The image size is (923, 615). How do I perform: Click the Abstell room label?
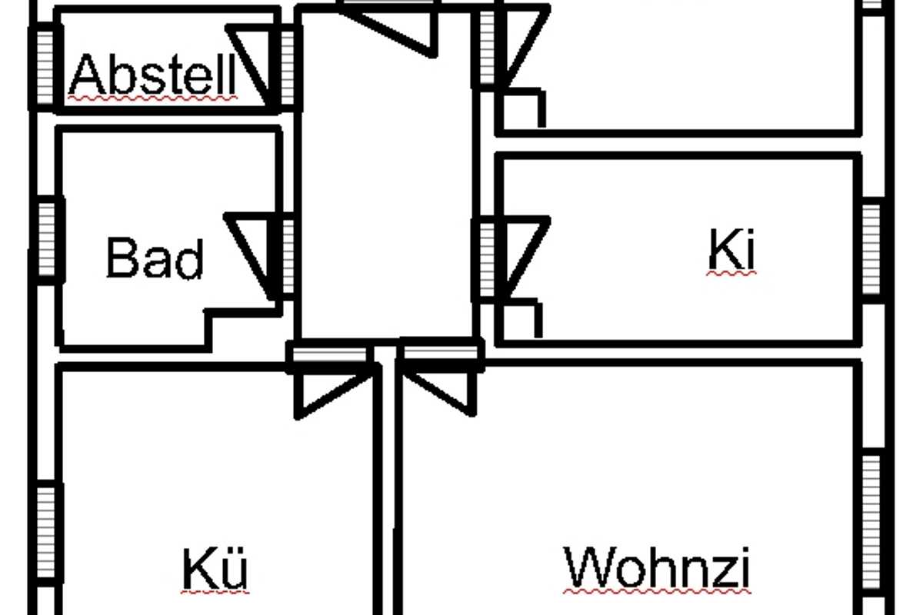tap(153, 75)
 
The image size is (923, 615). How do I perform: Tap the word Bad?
tap(155, 259)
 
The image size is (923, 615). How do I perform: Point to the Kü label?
tap(215, 569)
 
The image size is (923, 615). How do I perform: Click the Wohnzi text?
tap(657, 568)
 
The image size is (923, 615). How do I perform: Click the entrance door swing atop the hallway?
tap(400, 27)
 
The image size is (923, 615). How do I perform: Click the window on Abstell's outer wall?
tap(45, 67)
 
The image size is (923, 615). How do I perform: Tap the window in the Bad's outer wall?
tap(47, 239)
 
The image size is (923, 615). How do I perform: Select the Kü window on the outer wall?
tap(45, 523)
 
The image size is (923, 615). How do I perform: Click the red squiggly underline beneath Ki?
tap(731, 272)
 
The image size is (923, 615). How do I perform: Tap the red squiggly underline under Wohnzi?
tap(657, 591)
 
